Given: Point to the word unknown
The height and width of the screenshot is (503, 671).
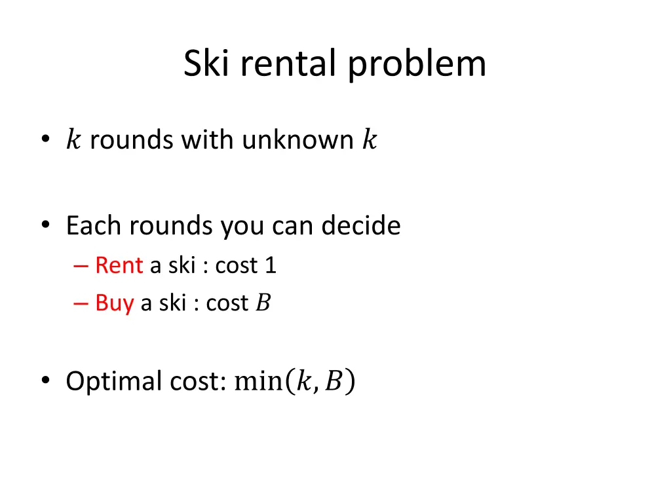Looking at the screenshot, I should tap(297, 140).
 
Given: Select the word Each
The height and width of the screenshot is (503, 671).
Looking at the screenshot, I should tap(94, 226).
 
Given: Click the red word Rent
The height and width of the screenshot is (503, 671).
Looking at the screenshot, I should tap(119, 265).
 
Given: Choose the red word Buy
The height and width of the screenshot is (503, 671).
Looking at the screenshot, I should tap(114, 303).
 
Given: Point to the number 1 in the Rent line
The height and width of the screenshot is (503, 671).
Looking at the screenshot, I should tap(270, 265).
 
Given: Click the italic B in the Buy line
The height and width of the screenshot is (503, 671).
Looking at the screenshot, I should tap(262, 303).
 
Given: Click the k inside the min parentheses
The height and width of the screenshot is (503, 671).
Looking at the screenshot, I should tap(303, 381).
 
